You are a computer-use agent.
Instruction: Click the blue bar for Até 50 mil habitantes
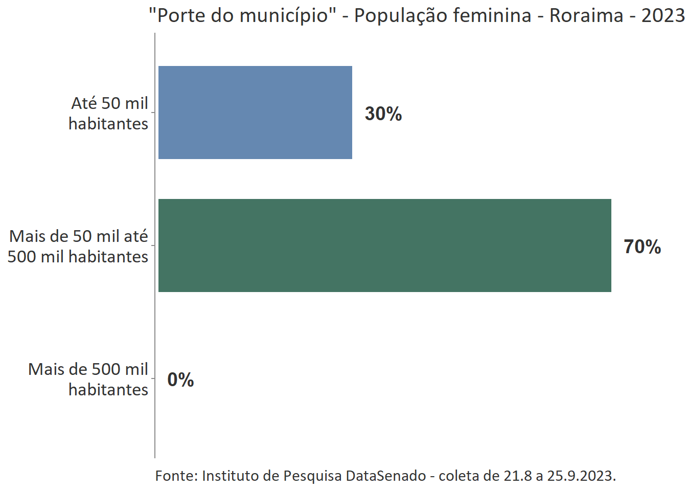(x=255, y=113)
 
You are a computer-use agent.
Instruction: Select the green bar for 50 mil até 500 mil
(x=384, y=245)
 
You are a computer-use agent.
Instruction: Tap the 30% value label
(x=383, y=114)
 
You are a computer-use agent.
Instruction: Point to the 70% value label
(x=642, y=247)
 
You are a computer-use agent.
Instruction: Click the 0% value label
(x=180, y=380)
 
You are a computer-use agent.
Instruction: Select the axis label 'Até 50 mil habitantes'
(x=109, y=113)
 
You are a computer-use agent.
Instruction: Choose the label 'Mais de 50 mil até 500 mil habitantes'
(x=78, y=246)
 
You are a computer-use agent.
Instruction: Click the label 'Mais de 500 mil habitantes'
(x=88, y=379)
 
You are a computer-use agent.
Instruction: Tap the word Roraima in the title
(x=586, y=15)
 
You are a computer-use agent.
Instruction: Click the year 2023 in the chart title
(x=663, y=15)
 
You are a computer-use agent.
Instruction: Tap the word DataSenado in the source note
(x=386, y=476)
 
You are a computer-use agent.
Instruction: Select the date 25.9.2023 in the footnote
(x=581, y=476)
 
